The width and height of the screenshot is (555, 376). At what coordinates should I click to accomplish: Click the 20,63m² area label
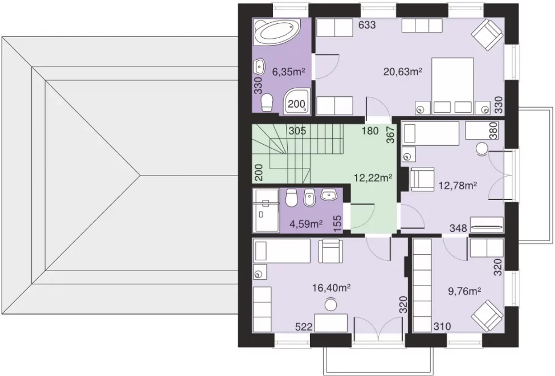pyautogui.click(x=403, y=72)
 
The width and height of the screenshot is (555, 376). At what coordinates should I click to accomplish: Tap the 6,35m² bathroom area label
pyautogui.click(x=288, y=72)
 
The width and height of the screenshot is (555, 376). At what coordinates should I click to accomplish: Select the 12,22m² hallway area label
pyautogui.click(x=373, y=178)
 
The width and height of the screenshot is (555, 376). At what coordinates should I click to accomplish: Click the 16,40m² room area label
pyautogui.click(x=331, y=288)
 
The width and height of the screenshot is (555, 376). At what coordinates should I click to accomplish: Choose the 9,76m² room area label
pyautogui.click(x=464, y=292)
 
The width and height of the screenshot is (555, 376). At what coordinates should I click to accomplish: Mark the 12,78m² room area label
pyautogui.click(x=458, y=185)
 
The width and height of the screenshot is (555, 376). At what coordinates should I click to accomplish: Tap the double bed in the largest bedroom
pyautogui.click(x=452, y=86)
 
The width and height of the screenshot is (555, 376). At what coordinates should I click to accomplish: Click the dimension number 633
pyautogui.click(x=367, y=25)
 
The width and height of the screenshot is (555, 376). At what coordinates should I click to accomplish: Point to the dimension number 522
pyautogui.click(x=304, y=327)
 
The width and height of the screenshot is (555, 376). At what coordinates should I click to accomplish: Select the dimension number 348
pyautogui.click(x=458, y=228)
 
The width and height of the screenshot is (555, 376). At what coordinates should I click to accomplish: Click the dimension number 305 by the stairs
pyautogui.click(x=297, y=131)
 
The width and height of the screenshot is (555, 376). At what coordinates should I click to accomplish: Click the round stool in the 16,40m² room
pyautogui.click(x=331, y=304)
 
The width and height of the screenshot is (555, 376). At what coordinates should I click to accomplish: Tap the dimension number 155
pyautogui.click(x=338, y=224)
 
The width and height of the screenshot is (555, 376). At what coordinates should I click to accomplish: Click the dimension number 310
pyautogui.click(x=442, y=326)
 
